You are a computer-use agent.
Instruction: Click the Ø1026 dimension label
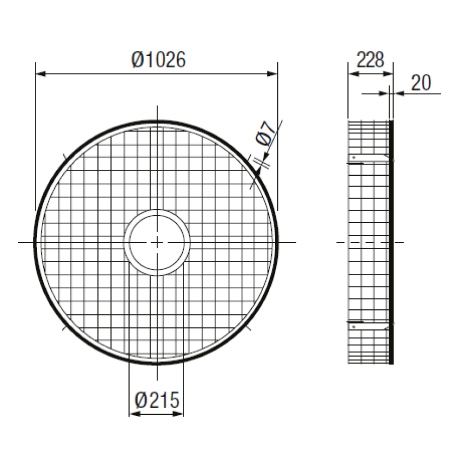pos(159,60)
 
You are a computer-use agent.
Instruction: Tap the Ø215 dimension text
pos(157,400)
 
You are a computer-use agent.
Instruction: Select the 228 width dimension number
pos(370,60)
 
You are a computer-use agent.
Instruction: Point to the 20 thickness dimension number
pos(421,83)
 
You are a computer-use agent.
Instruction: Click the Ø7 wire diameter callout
pos(265,133)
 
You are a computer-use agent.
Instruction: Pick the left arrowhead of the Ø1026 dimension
pos(41,73)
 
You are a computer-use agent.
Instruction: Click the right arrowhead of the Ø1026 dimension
pos(272,73)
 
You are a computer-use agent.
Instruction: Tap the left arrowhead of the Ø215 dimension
pos(135,413)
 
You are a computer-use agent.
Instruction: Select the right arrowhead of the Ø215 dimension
pos(178,413)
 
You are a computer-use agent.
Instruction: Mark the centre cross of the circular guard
pos(157,243)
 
